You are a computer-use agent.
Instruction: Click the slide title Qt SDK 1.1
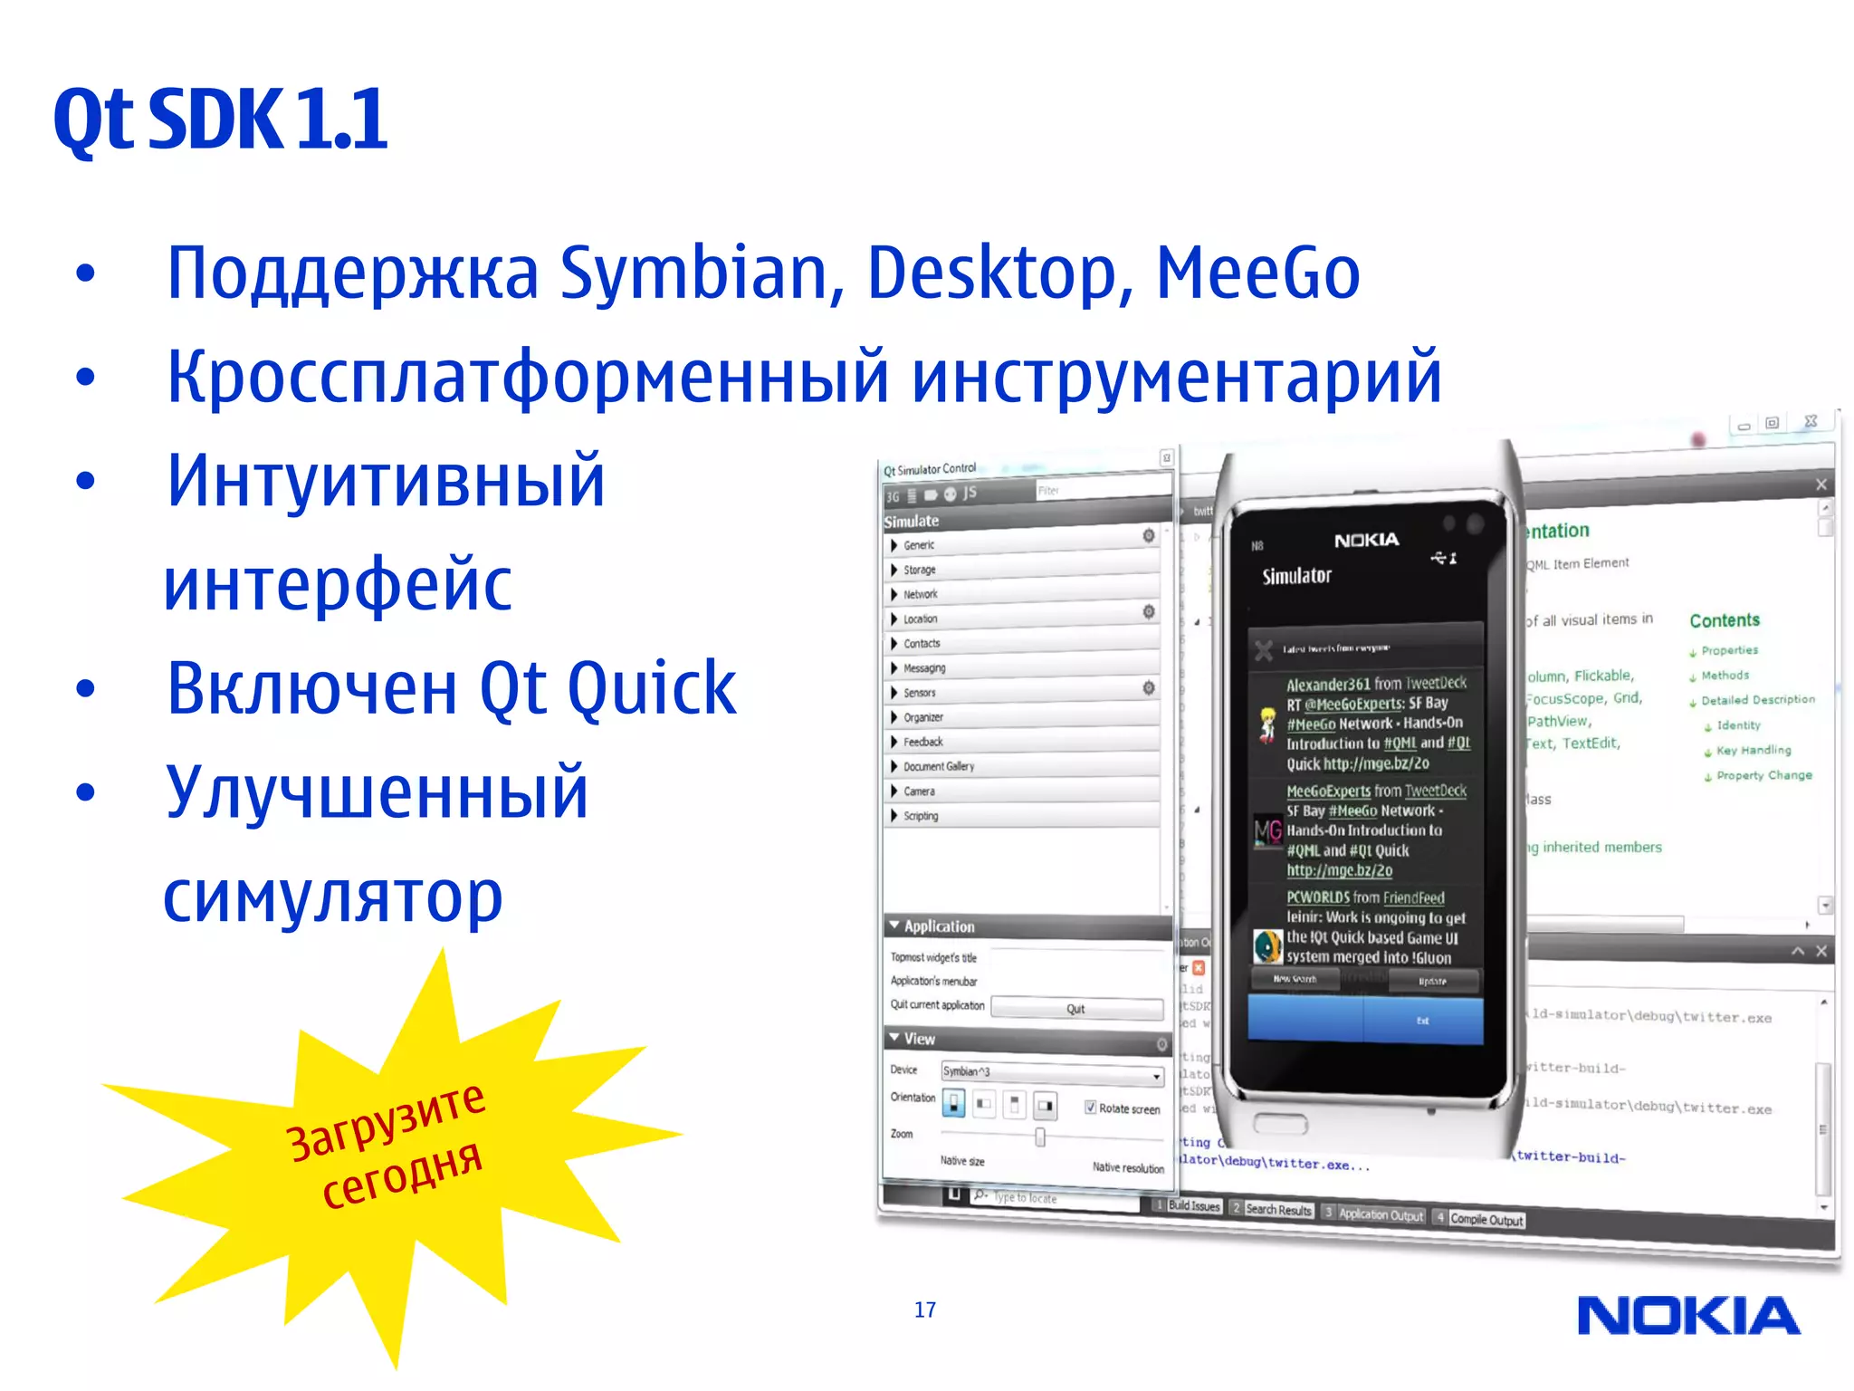click(x=221, y=120)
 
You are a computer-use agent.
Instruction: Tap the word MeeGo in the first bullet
click(x=1257, y=273)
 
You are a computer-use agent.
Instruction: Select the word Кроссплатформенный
click(x=528, y=377)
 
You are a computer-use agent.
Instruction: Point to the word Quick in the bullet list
click(x=651, y=688)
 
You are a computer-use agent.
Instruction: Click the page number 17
click(x=924, y=1309)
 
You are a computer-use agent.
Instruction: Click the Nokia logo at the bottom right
click(x=1688, y=1316)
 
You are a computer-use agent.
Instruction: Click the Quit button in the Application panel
click(x=1076, y=1009)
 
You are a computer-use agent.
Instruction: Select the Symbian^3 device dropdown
click(x=1051, y=1073)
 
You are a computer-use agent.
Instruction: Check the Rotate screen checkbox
click(x=1091, y=1108)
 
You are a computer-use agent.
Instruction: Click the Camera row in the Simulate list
click(x=919, y=791)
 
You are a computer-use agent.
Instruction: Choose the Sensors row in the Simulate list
click(x=919, y=693)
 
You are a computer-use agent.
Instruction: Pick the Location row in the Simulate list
click(x=920, y=619)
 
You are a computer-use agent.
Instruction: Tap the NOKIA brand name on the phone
click(x=1366, y=541)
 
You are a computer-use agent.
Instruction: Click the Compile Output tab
click(x=1486, y=1220)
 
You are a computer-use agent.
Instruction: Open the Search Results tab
click(x=1277, y=1210)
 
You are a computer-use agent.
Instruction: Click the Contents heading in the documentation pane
click(x=1724, y=620)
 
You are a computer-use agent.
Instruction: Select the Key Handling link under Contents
click(x=1753, y=750)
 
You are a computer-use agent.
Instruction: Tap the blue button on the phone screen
click(x=1365, y=1021)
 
